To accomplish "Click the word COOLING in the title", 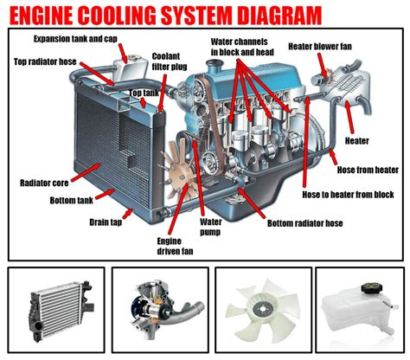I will [x=138, y=15].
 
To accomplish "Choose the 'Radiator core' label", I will [x=44, y=183].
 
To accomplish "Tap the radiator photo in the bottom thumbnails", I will [x=56, y=310].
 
